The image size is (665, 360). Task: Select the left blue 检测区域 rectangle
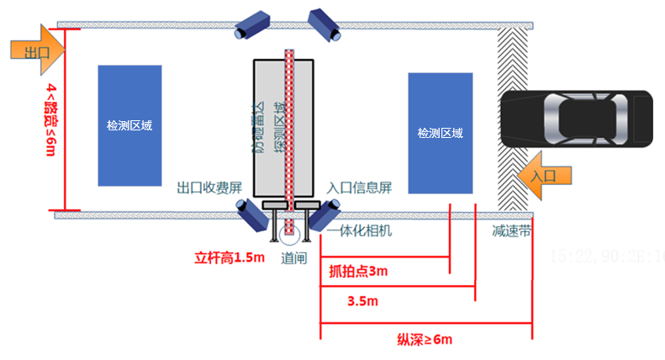point(129,125)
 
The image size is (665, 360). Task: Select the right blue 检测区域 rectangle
point(440,133)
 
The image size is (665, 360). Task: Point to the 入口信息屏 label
point(360,188)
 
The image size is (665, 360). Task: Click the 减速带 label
point(511,230)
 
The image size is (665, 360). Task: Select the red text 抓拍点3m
point(358,272)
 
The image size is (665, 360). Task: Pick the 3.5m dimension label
point(362,299)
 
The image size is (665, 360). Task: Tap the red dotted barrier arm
point(288,126)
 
